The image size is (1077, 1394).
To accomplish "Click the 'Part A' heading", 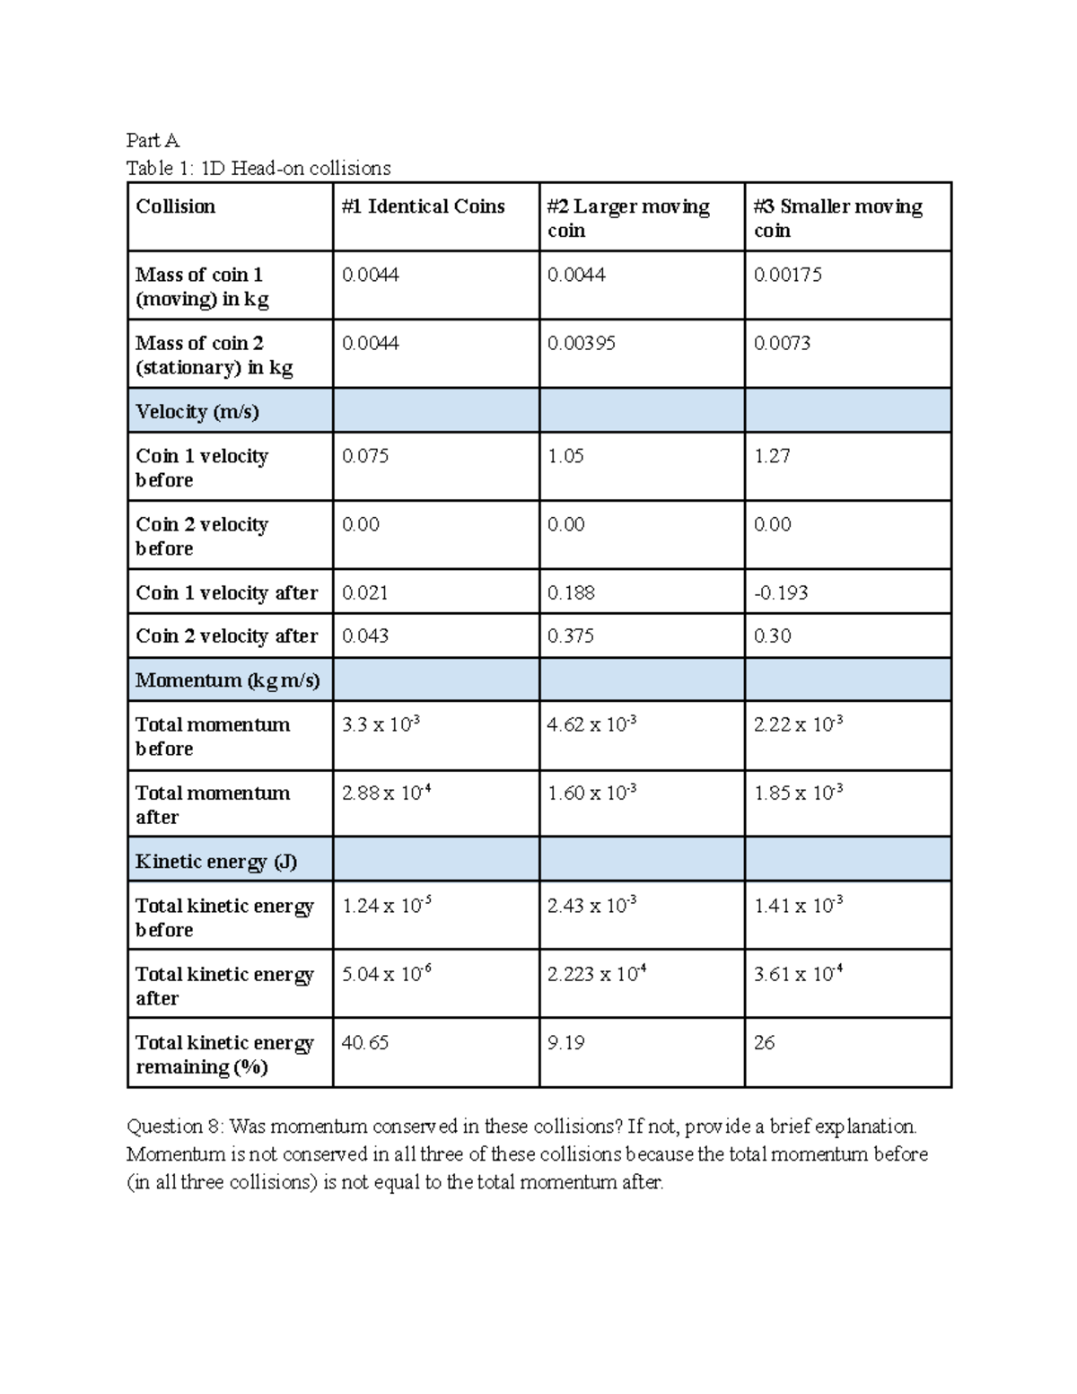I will [x=153, y=140].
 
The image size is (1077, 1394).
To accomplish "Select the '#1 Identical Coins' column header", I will [x=423, y=206].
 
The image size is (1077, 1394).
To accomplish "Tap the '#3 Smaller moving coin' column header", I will [x=837, y=218].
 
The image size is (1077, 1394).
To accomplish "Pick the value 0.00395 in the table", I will [x=581, y=343].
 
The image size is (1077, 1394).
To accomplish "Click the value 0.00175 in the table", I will [x=787, y=275].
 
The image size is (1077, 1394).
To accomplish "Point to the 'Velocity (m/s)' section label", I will [x=197, y=411].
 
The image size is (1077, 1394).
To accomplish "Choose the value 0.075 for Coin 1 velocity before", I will [x=365, y=456].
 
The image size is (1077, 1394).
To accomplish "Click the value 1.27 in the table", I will [x=772, y=456].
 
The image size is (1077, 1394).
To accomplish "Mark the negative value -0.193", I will [x=780, y=592].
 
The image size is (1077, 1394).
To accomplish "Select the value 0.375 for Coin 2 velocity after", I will [x=571, y=636].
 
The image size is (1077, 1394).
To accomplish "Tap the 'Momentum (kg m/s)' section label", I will [x=227, y=680].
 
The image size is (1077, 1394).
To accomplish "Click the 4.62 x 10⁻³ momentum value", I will [x=591, y=723].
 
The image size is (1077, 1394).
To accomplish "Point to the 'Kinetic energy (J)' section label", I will [x=216, y=862].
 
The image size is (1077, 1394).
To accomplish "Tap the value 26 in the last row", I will [x=764, y=1042].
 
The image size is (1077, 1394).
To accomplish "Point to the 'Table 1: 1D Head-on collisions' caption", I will [x=258, y=168].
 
